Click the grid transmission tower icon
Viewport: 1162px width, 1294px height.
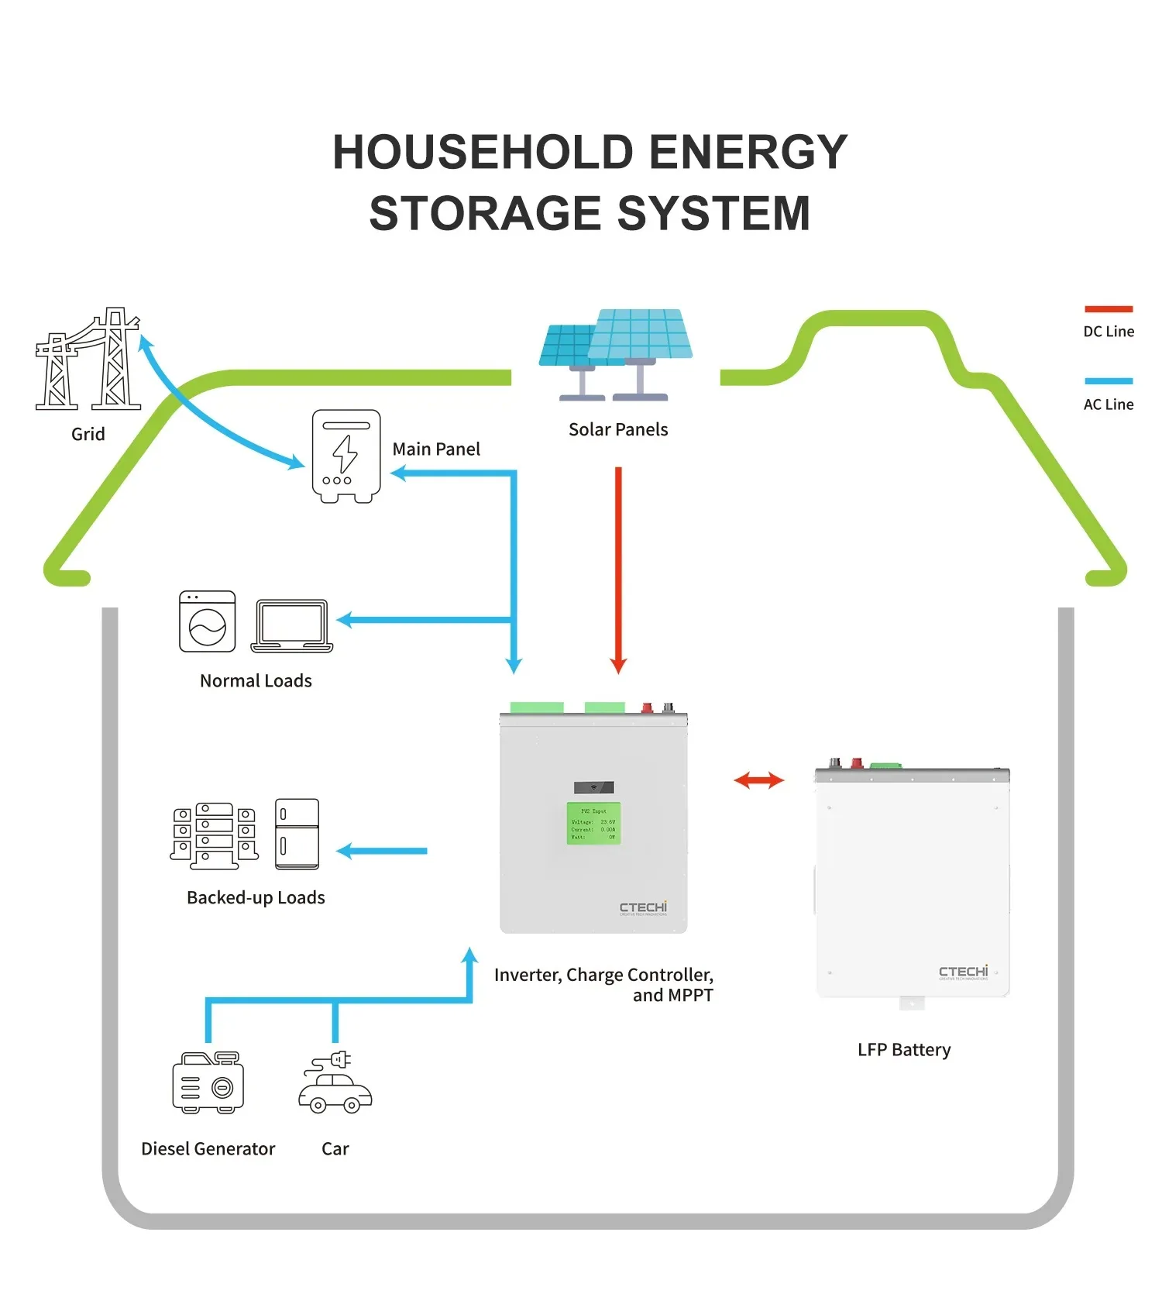88,360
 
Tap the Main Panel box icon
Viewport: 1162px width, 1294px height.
346,456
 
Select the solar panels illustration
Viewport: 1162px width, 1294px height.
617,353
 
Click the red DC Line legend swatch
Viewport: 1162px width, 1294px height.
1108,309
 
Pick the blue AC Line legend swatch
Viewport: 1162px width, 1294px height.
1108,381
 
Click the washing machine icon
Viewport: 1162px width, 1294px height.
207,621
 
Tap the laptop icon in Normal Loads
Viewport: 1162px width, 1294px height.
292,625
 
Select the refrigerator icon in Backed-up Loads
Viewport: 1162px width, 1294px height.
297,834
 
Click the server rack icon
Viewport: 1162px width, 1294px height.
214,835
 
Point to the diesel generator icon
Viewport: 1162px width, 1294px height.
208,1082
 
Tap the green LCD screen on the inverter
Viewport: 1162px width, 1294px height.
593,824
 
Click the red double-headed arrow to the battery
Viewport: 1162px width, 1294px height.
758,780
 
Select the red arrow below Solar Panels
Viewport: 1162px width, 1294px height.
618,570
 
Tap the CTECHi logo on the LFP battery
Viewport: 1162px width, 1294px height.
963,972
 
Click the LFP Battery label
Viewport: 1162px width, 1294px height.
903,1050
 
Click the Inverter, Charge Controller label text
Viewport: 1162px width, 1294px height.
603,975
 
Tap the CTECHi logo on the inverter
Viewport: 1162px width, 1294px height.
643,907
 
